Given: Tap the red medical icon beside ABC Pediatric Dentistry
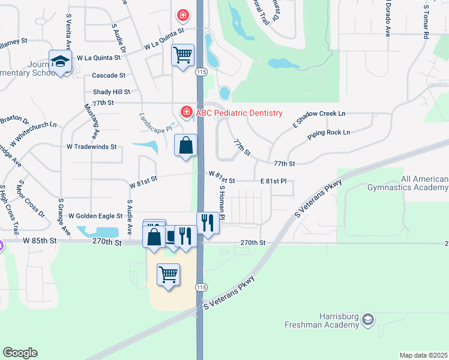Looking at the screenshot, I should (x=186, y=112).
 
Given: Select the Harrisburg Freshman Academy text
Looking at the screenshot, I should (x=325, y=321).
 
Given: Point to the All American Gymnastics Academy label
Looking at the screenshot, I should (x=424, y=183).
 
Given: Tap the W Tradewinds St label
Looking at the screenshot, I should (x=91, y=146).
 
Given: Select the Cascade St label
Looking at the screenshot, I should (x=109, y=76).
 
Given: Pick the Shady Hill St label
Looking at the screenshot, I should (x=112, y=92).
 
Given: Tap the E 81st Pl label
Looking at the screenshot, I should (x=273, y=181).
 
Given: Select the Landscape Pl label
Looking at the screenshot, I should (x=156, y=124).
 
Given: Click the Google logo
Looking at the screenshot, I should (x=20, y=352).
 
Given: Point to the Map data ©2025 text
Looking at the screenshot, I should (x=423, y=355).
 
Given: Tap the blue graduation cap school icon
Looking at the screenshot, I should (x=61, y=61).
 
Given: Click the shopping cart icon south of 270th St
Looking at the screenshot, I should (x=168, y=275).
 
